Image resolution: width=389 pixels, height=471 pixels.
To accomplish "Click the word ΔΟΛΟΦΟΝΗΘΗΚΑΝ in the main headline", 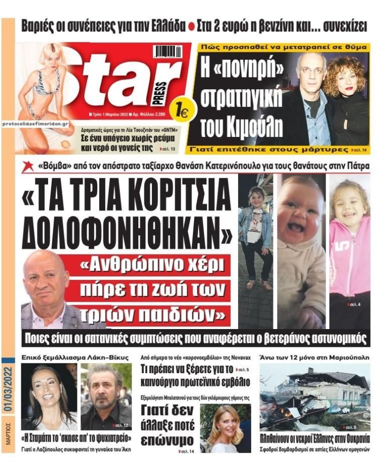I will pyautogui.click(x=127, y=230).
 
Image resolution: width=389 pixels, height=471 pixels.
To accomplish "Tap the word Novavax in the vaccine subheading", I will pyautogui.click(x=242, y=357).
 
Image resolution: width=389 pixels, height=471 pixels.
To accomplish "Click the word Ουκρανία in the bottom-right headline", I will pyautogui.click(x=347, y=439).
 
